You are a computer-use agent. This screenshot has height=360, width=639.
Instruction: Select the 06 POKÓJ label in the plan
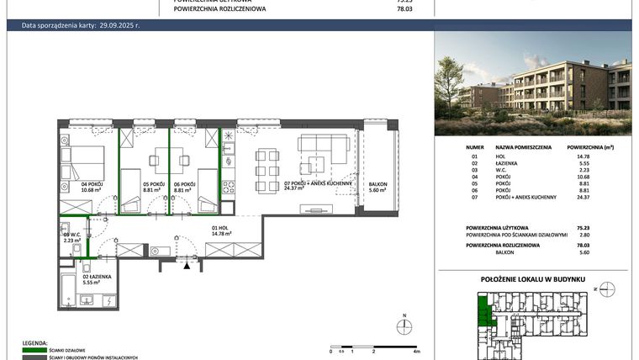pyautogui.click(x=184, y=184)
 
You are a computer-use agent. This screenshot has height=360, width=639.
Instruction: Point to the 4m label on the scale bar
pyautogui.click(x=416, y=351)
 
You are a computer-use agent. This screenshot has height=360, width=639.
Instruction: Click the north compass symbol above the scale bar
pyautogui.click(x=405, y=325)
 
